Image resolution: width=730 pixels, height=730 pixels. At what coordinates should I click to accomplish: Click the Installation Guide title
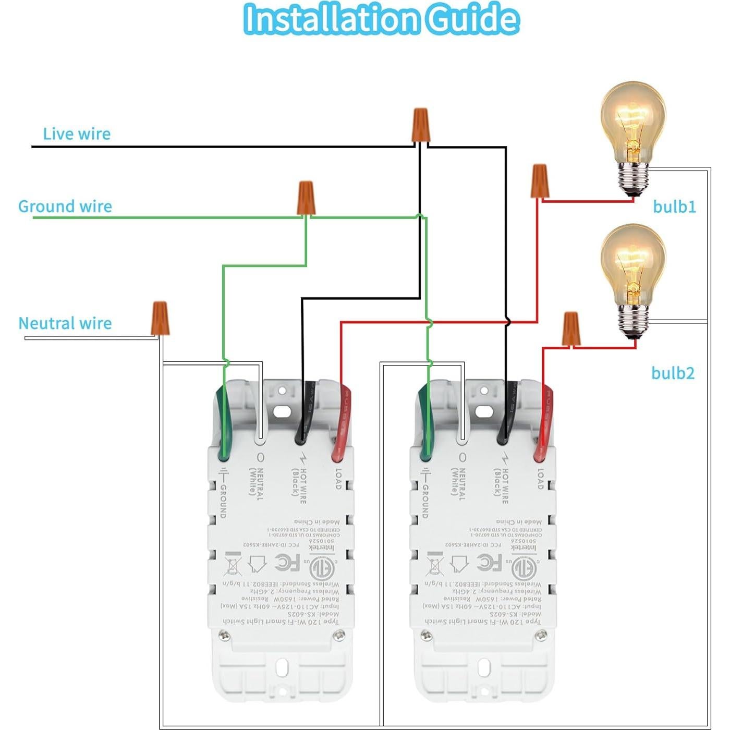[x=381, y=20]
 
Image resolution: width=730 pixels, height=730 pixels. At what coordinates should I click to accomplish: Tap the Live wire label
[x=77, y=134]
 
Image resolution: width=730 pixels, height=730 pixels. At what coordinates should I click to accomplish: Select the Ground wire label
[x=65, y=206]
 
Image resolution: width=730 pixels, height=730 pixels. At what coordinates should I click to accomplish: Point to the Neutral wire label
[x=65, y=323]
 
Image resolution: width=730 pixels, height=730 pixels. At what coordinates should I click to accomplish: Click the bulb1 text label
[x=674, y=207]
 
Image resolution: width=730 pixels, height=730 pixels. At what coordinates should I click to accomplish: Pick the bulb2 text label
[x=673, y=373]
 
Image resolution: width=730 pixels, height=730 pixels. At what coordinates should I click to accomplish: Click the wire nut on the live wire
[x=421, y=125]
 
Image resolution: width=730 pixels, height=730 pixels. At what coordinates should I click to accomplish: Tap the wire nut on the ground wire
[x=306, y=198]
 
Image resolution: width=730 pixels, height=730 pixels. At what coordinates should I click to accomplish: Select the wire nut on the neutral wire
[x=160, y=318]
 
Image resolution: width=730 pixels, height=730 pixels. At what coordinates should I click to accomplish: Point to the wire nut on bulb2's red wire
[x=571, y=328]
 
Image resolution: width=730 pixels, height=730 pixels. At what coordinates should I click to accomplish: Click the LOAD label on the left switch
[x=338, y=479]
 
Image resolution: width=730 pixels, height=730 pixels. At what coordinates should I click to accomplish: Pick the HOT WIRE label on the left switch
[x=298, y=485]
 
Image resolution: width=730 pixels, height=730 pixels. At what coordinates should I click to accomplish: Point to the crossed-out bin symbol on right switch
[x=434, y=564]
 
